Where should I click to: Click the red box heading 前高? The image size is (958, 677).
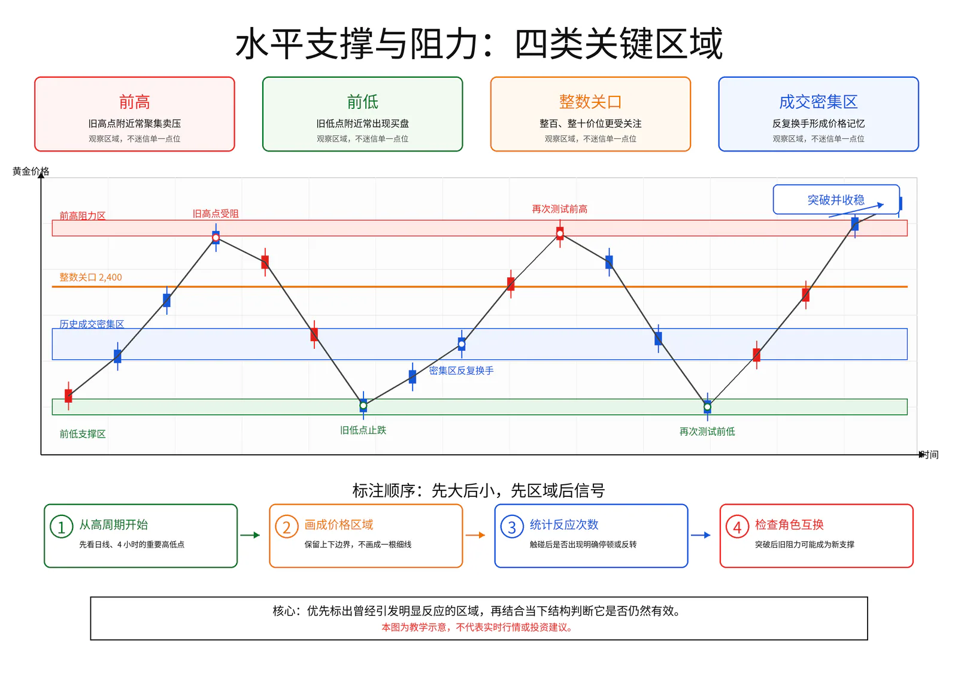134,102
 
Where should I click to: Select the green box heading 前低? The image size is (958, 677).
362,102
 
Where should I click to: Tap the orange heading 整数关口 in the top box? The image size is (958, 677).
590,102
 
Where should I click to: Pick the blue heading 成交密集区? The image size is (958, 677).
818,102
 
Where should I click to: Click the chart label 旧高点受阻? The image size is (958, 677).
216,214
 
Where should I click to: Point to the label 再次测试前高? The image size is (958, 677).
559,209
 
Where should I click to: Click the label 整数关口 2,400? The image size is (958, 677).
90,277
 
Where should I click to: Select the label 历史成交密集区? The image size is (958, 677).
92,324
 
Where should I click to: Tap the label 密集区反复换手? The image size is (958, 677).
461,371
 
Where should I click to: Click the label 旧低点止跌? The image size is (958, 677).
363,430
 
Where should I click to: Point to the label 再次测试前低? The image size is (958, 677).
707,432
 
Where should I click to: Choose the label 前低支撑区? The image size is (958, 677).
83,434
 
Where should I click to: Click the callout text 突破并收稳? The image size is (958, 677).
836,200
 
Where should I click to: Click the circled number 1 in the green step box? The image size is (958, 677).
61,527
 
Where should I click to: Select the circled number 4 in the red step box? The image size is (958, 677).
737,527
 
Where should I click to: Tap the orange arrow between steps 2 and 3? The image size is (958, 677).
475,535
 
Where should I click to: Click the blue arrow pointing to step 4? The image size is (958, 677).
701,535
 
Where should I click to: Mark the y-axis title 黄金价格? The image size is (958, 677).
31,172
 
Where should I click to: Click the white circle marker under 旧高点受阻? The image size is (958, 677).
216,238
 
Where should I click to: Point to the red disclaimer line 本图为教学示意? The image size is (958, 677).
477,627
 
